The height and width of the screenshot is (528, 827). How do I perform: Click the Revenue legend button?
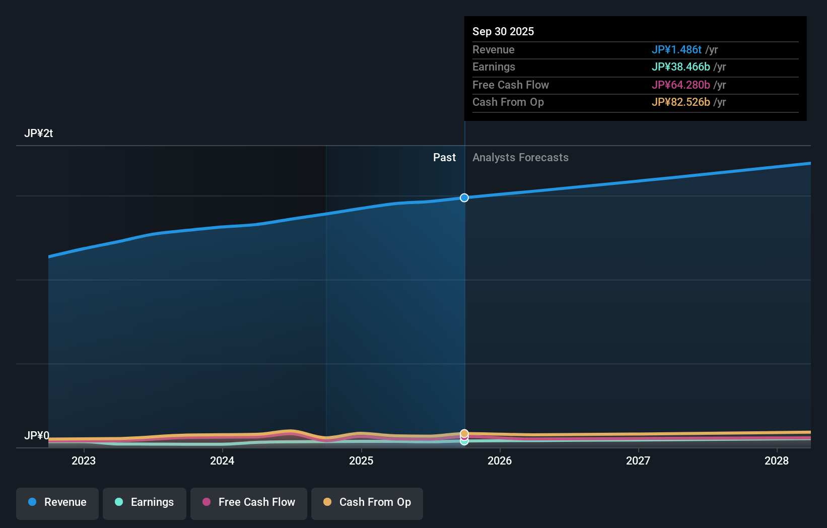[57, 503]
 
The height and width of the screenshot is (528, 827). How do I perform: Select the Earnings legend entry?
[145, 503]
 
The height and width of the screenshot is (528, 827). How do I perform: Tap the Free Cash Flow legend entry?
[249, 503]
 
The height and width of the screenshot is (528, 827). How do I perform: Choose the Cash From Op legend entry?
[367, 503]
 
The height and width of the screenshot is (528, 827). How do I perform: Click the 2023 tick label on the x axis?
[84, 461]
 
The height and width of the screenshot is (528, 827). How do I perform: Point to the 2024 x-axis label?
[222, 461]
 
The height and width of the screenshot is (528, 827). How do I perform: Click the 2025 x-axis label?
[361, 461]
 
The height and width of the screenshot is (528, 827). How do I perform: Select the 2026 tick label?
[500, 461]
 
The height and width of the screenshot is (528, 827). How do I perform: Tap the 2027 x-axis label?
[638, 461]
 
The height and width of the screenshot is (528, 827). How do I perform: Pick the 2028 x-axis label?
[777, 461]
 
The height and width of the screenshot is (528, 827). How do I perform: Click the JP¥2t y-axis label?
[38, 134]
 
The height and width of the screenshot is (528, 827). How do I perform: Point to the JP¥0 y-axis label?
[37, 436]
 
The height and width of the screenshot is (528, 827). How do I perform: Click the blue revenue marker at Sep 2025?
[464, 198]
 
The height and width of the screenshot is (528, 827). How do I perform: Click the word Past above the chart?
[444, 158]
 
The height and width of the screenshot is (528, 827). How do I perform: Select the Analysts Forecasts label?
[520, 158]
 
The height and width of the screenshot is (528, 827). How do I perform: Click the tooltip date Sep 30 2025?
[503, 32]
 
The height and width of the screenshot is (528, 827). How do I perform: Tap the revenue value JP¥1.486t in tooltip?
[676, 50]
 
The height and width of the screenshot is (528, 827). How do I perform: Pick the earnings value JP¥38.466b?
[680, 67]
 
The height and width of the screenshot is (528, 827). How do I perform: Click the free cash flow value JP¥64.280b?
[680, 85]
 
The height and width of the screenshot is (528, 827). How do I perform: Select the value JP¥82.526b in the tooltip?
[680, 102]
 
